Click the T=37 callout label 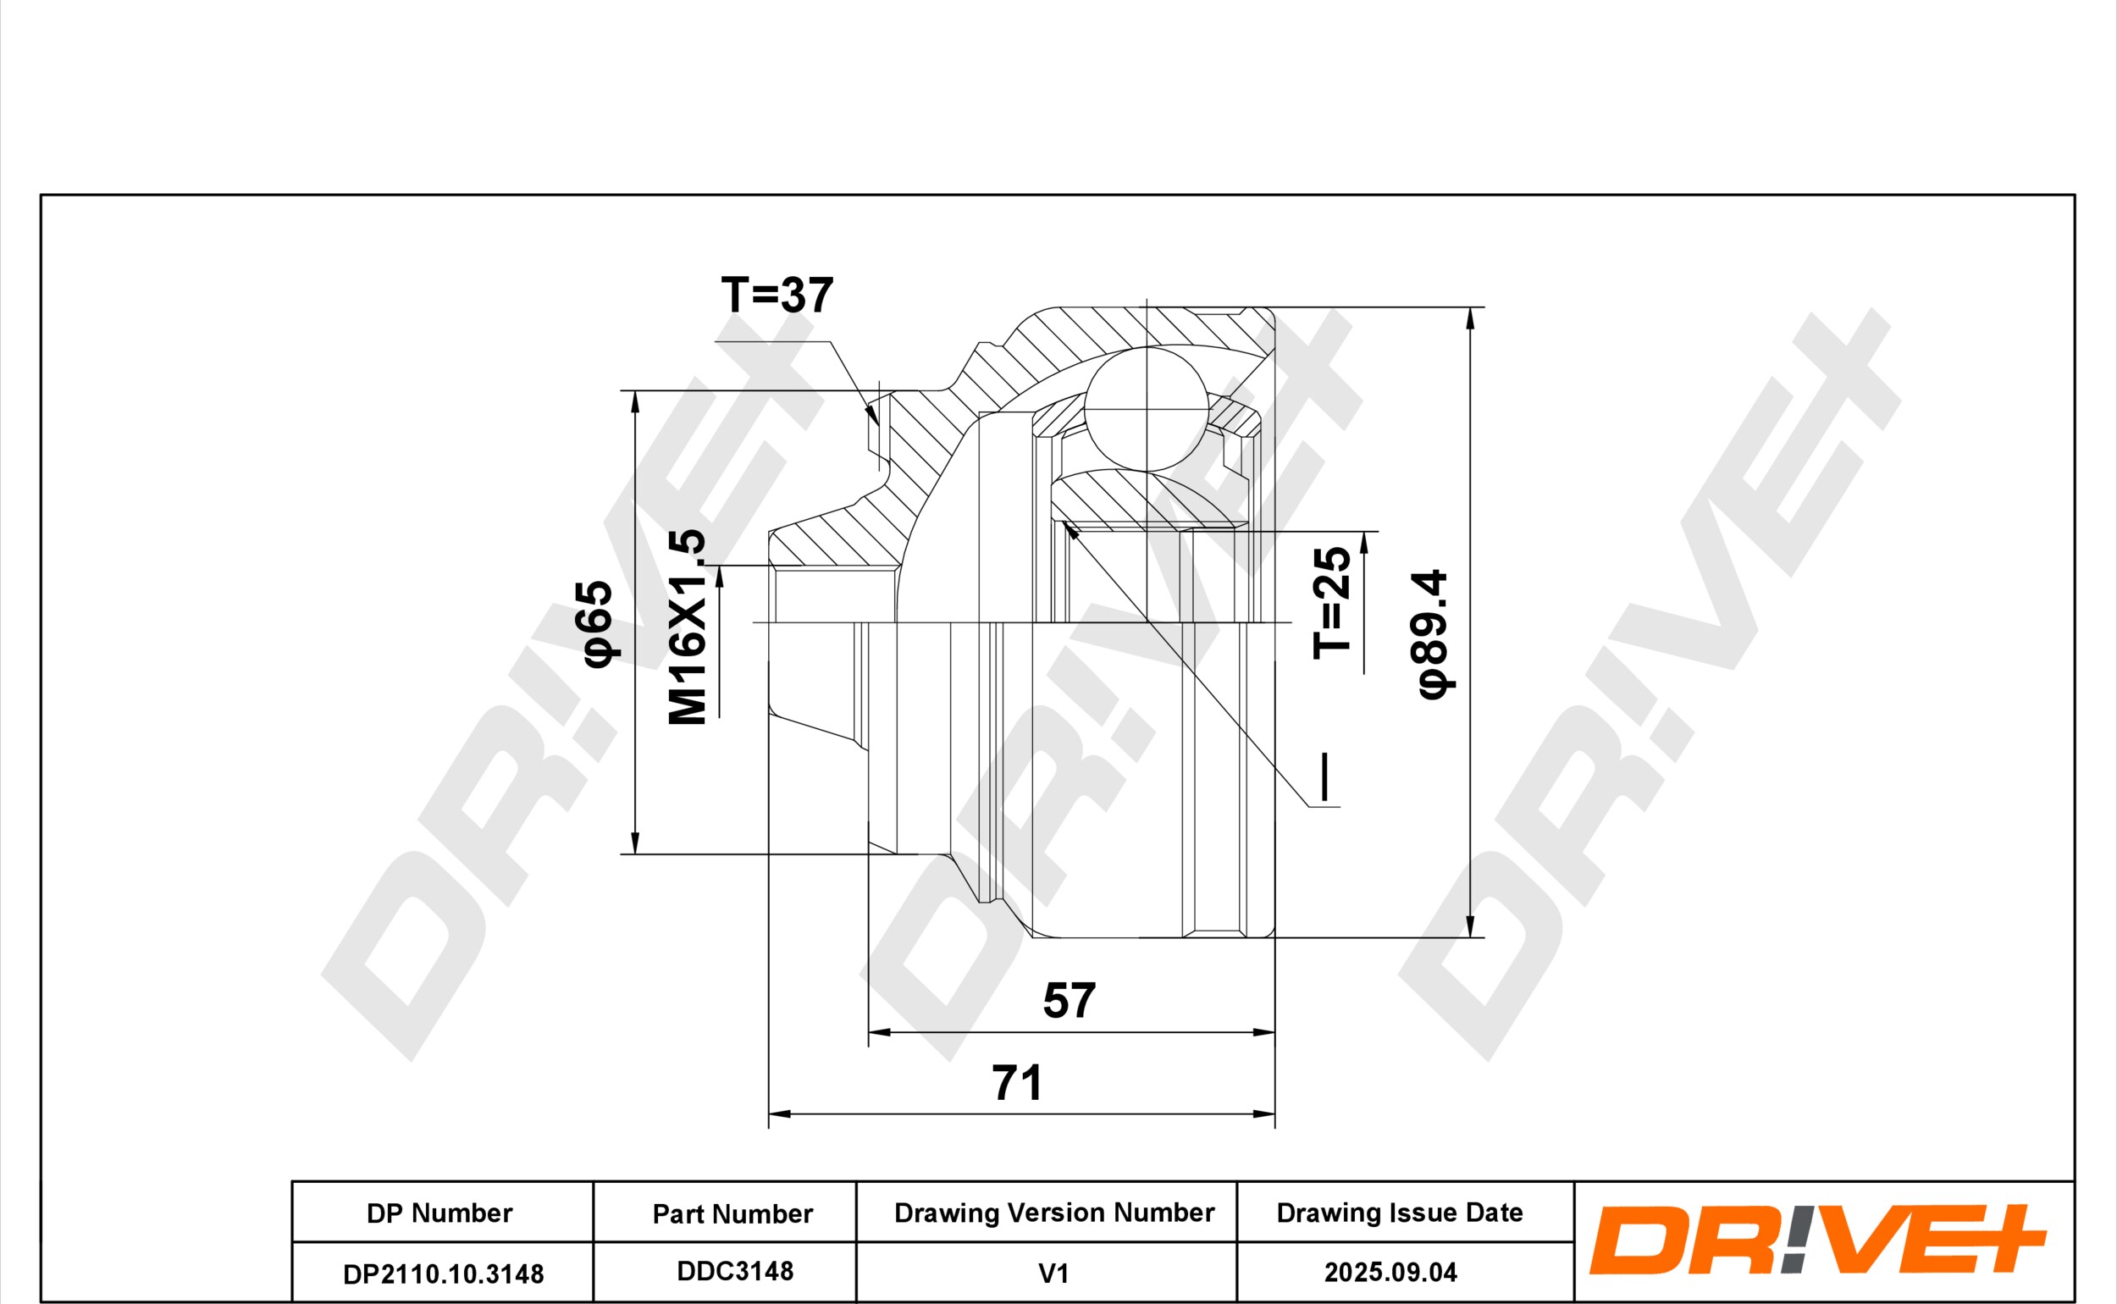(x=777, y=295)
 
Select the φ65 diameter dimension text (x=598, y=623)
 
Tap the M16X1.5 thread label (x=688, y=627)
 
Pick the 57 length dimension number (x=1070, y=1000)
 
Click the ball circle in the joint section (x=1147, y=410)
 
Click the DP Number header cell (x=439, y=1213)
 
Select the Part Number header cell (x=732, y=1213)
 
